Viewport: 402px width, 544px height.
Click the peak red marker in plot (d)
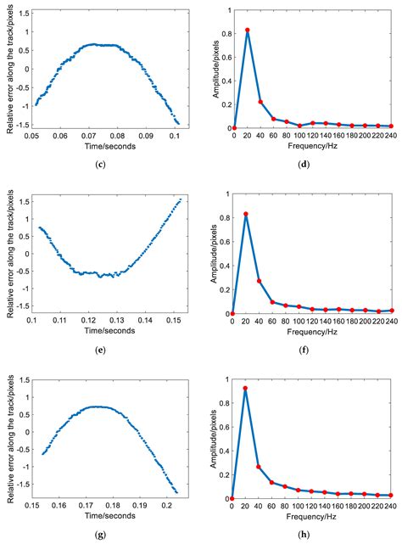[x=247, y=30]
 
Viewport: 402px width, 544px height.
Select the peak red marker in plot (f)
[x=246, y=214]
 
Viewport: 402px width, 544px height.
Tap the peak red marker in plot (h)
[x=246, y=389]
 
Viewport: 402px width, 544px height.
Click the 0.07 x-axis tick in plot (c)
[x=89, y=135]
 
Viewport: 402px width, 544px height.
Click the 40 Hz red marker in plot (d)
[x=260, y=102]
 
